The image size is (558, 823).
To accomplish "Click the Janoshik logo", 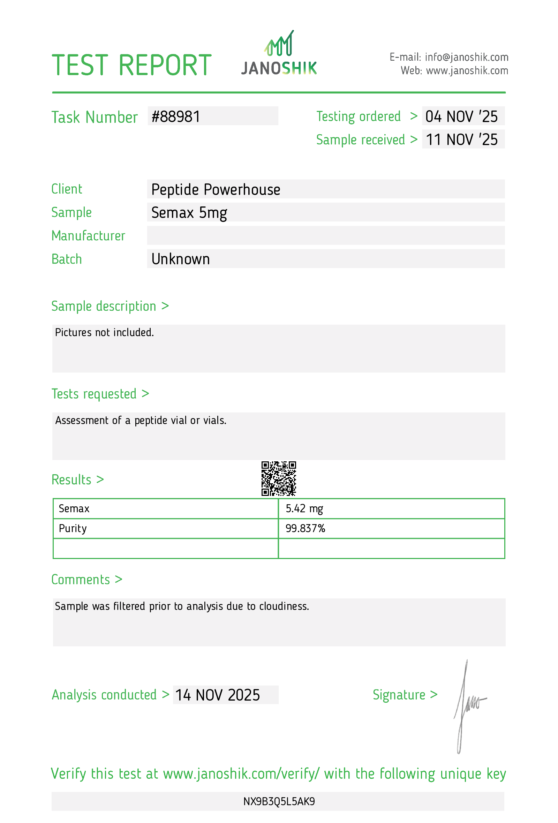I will pyautogui.click(x=279, y=54).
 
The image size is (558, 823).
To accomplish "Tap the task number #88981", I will pyautogui.click(x=176, y=117).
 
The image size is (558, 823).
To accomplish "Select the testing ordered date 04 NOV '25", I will pyautogui.click(x=461, y=117).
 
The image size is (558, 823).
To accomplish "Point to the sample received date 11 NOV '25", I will pyautogui.click(x=461, y=140).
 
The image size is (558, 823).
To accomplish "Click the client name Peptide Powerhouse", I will pyautogui.click(x=216, y=190).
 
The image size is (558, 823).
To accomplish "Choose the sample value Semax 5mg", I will pyautogui.click(x=189, y=213).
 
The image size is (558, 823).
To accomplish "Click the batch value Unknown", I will pyautogui.click(x=181, y=259).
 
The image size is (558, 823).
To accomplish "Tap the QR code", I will pyautogui.click(x=279, y=478).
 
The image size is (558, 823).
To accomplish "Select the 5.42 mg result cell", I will pyautogui.click(x=304, y=509).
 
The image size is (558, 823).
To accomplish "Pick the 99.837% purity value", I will pyautogui.click(x=305, y=529).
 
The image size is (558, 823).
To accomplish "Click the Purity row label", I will pyautogui.click(x=73, y=529).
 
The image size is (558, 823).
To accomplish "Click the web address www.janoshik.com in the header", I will pyautogui.click(x=467, y=71).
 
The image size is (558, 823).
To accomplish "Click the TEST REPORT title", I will pyautogui.click(x=131, y=66).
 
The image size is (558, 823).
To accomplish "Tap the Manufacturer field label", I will pyautogui.click(x=88, y=236).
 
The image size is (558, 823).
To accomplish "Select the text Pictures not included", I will pyautogui.click(x=104, y=333).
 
